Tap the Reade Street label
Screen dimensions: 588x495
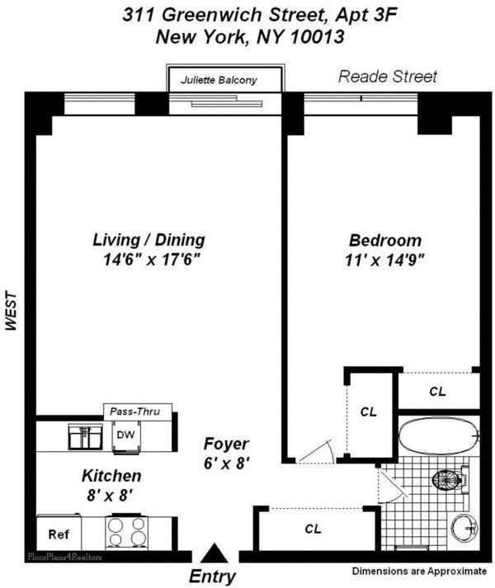(388, 77)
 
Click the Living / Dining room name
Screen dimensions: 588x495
(148, 240)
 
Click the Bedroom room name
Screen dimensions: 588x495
(385, 241)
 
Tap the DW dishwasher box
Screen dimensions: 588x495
(126, 434)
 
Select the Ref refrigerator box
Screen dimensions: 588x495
(58, 534)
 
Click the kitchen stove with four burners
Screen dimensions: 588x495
(125, 528)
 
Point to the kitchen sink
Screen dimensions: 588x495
(83, 434)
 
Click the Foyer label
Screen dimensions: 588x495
(226, 444)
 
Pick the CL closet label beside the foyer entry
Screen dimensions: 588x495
(313, 528)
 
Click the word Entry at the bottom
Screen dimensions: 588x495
(213, 576)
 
